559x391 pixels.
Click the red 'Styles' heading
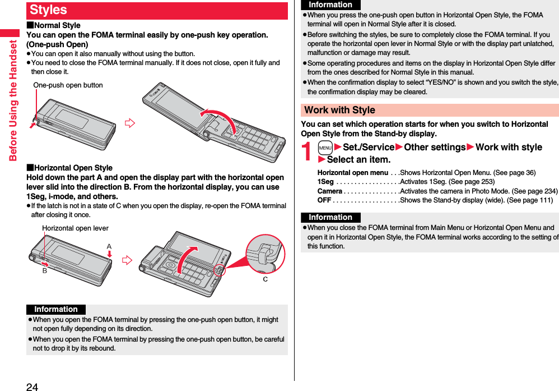click(49, 10)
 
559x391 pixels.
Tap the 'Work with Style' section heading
click(339, 110)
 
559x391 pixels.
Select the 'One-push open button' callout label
click(68, 85)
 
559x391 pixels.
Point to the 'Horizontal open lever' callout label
click(75, 228)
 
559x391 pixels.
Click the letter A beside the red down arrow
click(109, 246)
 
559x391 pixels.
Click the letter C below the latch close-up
click(265, 279)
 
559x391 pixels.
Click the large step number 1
click(308, 153)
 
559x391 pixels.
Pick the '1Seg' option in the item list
click(325, 182)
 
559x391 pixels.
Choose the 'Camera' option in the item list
click(330, 191)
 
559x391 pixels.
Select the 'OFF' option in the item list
click(324, 201)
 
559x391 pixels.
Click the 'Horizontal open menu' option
click(352, 172)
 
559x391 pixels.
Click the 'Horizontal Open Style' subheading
click(70, 168)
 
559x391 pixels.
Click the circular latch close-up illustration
click(265, 253)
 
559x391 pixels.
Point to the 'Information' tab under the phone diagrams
click(56, 309)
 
